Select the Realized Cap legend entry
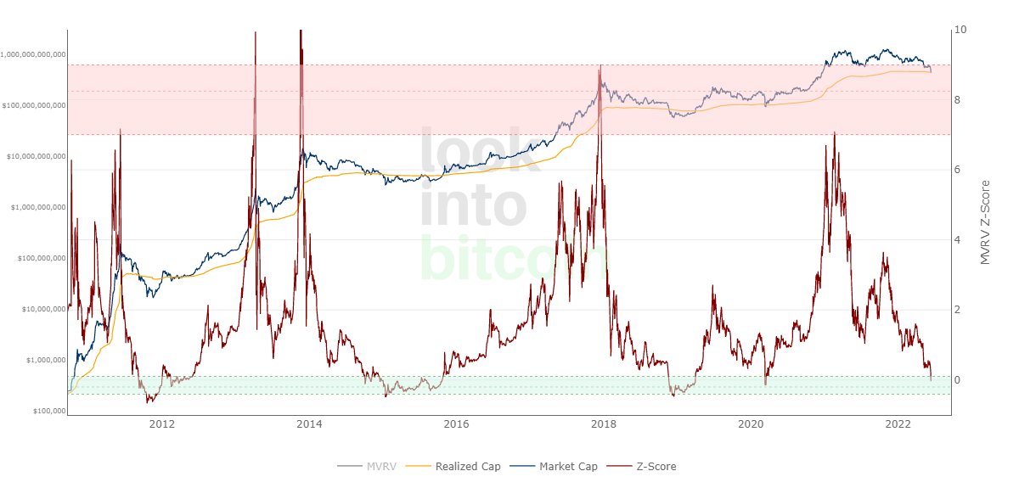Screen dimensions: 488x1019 (467, 466)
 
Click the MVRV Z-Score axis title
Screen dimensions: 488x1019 (986, 222)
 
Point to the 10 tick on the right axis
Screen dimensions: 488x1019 (960, 30)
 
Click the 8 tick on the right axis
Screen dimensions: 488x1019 (958, 100)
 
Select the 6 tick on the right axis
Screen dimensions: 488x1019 (958, 170)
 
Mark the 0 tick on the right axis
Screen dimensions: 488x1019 (958, 379)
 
